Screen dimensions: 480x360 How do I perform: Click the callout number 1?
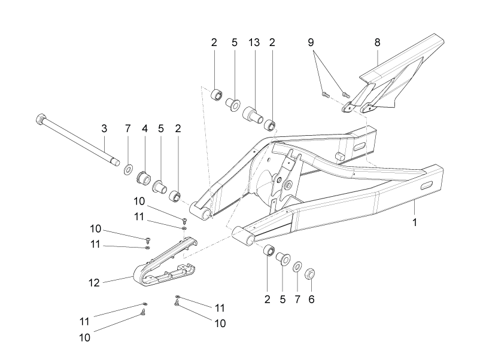pos(415,222)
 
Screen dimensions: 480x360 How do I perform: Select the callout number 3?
pos(104,129)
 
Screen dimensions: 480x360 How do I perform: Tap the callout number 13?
pos(254,42)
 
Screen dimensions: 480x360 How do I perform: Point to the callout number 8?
pos(377,42)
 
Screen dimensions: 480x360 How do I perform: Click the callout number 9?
pos(311,42)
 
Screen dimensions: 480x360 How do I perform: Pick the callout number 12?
pos(94,283)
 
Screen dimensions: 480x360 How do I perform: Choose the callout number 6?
pos(311,300)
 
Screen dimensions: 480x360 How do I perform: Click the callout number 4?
pos(145,129)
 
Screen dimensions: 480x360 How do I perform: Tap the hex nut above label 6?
pos(311,273)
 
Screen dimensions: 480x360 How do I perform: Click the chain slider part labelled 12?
pos(165,262)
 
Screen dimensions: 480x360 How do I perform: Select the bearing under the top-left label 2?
pos(217,94)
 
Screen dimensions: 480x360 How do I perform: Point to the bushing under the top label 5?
pos(233,104)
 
